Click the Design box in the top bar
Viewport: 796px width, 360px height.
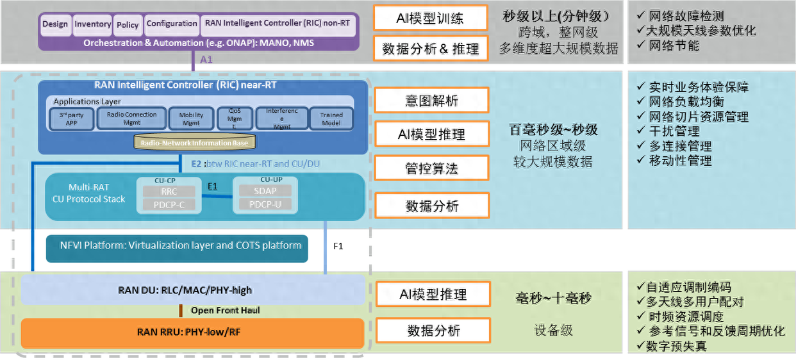coord(55,24)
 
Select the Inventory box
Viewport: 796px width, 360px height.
coord(92,24)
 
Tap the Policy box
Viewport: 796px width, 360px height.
coord(128,25)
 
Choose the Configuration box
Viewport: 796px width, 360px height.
coord(172,24)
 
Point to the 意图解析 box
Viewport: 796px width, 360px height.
coord(431,101)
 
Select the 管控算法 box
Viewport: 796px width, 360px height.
coord(431,168)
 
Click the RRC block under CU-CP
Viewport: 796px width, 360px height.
coord(169,192)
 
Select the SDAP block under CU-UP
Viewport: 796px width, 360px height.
coord(265,191)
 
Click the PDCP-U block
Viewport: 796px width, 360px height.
coord(265,204)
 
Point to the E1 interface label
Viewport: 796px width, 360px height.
coord(213,186)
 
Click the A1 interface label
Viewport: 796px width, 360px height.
coord(206,59)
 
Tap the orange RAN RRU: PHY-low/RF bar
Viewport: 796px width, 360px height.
coord(192,332)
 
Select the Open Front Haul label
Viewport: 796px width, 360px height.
coord(225,311)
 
